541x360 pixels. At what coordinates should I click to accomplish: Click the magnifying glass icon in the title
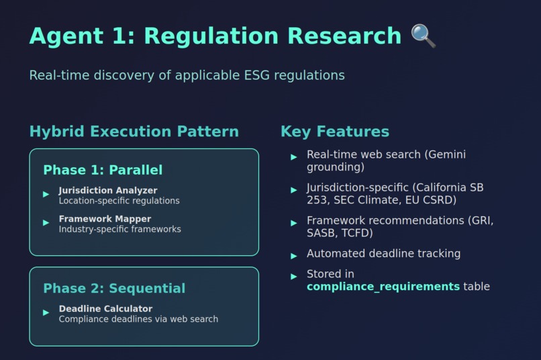coord(423,36)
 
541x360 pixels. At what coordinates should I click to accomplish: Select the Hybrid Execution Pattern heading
coord(134,132)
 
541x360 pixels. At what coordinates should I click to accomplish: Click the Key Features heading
coord(334,132)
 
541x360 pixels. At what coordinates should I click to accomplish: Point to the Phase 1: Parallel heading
coord(103,170)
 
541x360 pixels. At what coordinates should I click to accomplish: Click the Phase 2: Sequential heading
coord(114,288)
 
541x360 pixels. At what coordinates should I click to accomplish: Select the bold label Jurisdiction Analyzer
coord(107,191)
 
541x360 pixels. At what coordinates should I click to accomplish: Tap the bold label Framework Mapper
coord(105,219)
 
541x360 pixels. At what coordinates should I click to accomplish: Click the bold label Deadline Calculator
coord(105,309)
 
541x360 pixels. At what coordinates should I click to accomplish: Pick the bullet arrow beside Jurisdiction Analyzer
coord(46,195)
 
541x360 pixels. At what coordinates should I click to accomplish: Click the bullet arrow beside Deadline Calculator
coord(46,312)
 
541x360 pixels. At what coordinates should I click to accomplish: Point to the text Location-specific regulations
coord(119,201)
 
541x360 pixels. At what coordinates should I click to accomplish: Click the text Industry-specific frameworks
coord(119,229)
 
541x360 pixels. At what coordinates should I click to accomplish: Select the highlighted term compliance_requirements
coord(383,287)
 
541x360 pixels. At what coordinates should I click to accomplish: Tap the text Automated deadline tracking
coord(383,254)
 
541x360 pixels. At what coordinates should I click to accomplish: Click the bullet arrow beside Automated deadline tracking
coord(294,256)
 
